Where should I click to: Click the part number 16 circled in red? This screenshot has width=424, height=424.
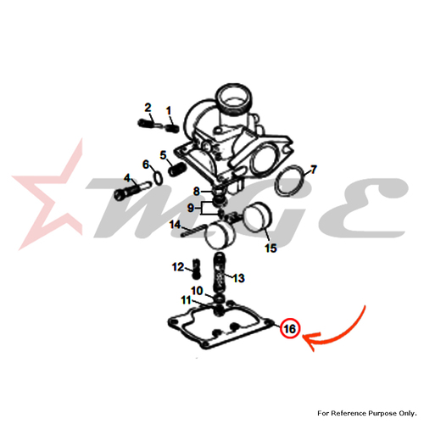[x=289, y=329]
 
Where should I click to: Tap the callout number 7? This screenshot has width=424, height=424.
[x=313, y=170]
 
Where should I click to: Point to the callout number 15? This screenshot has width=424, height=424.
[x=271, y=248]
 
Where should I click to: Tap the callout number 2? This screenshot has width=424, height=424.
[x=148, y=108]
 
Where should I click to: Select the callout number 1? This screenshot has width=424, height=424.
[x=169, y=110]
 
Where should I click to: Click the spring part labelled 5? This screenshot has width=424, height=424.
[x=177, y=170]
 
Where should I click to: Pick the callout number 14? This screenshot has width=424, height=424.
[x=175, y=225]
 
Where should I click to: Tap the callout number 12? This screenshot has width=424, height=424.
[x=178, y=267]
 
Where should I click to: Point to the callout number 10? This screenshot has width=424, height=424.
[x=197, y=291]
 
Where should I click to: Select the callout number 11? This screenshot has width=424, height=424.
[x=187, y=300]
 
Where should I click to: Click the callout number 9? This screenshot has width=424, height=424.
[x=191, y=209]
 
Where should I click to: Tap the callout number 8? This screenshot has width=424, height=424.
[x=197, y=192]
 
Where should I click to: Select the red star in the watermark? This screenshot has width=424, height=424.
[x=49, y=198]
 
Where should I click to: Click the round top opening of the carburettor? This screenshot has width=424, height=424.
[x=234, y=98]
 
